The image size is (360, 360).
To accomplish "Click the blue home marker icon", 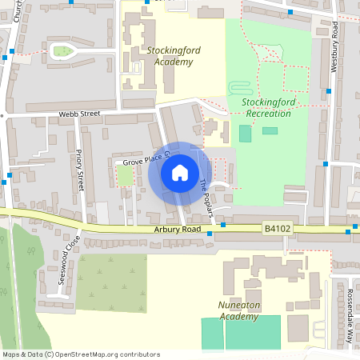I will click(x=179, y=173).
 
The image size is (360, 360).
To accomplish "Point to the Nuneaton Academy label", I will click(x=239, y=310).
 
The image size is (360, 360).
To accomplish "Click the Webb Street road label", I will click(x=78, y=114).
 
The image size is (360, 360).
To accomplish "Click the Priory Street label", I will click(x=79, y=170).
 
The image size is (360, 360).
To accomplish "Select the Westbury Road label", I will click(x=335, y=47).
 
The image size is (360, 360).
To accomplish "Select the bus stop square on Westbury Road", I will click(x=326, y=164).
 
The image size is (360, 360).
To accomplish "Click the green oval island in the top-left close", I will click(x=62, y=52).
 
